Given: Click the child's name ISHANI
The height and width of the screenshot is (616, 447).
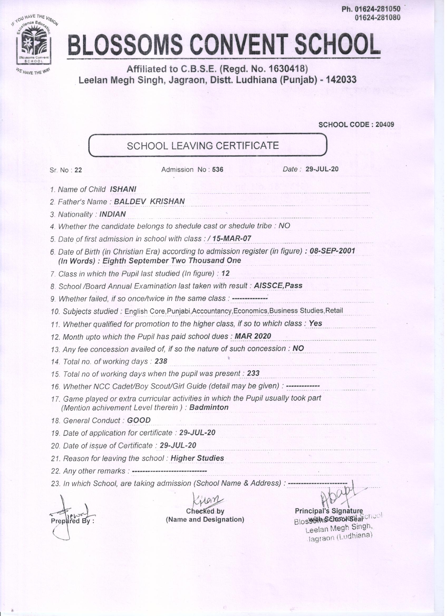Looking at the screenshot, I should coord(123,189).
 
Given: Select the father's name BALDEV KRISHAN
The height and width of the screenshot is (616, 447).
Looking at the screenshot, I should coord(149,201).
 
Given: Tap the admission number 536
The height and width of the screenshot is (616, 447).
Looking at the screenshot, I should coord(218,170).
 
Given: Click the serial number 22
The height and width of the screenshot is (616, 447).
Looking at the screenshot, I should coord(78,170).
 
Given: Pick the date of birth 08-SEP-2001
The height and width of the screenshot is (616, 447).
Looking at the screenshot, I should coord(332,251).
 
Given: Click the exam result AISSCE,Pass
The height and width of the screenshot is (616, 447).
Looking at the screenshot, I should coord(278,286).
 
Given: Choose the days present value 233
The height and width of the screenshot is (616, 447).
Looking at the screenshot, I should coord(253,374).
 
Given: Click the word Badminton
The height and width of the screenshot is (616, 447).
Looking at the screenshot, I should coord(209,407).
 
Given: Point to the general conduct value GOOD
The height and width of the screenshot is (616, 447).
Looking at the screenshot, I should coord(139,420).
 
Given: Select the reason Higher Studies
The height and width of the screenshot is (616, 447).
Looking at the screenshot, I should coord(197,458).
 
